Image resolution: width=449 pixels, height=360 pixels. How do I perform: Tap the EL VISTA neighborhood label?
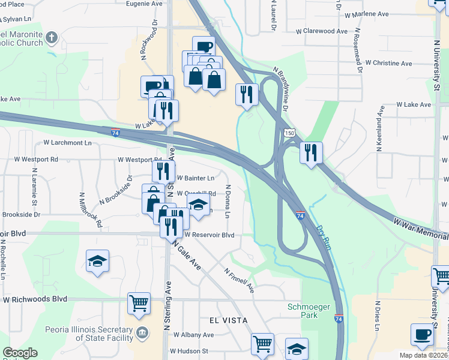click(x=228, y=320)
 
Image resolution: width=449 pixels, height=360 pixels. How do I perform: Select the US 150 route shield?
click(x=290, y=131)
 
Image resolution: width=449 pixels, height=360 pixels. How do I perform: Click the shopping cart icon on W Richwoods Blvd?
click(x=139, y=303)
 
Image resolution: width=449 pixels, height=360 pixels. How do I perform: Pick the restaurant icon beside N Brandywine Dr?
click(x=246, y=94)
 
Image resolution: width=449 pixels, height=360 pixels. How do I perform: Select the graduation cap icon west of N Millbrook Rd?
click(x=97, y=261)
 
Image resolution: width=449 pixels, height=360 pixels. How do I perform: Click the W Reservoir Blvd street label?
click(x=209, y=236)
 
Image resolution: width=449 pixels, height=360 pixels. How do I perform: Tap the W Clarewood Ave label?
click(x=322, y=31)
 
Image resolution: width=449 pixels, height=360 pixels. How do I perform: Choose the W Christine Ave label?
click(x=388, y=63)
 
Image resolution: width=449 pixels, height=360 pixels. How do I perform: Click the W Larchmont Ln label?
click(x=67, y=143)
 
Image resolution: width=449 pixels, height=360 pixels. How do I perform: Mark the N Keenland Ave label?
click(x=380, y=130)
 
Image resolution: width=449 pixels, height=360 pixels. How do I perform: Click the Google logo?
click(x=20, y=353)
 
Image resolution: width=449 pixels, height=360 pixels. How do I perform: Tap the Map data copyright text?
click(x=424, y=355)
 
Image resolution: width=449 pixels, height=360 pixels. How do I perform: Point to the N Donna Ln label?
click(x=228, y=202)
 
